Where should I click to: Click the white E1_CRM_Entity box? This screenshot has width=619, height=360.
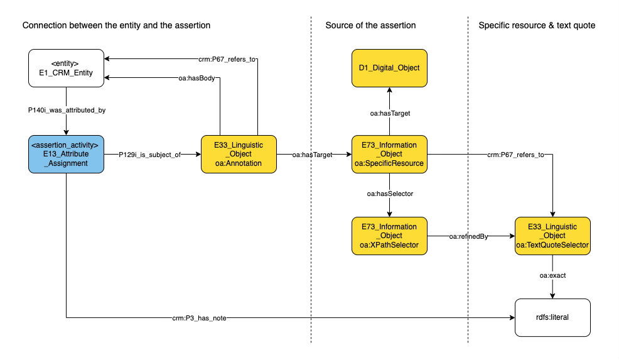point(66,68)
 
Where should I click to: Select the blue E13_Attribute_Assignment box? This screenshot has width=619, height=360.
point(66,154)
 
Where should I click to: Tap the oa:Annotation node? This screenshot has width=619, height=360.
point(239,154)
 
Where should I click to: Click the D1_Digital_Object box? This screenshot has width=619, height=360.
point(389,68)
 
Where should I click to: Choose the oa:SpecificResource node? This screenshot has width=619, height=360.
point(389,154)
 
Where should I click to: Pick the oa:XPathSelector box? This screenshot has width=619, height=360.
point(389,236)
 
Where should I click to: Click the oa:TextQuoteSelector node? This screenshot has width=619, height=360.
point(552,236)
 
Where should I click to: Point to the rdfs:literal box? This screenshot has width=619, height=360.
point(552,318)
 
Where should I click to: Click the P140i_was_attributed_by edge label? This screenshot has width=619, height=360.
point(65,111)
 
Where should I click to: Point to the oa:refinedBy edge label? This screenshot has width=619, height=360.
point(468,236)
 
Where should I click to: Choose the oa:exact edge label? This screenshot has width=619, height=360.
point(552,275)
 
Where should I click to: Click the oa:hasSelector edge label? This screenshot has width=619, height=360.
point(389,194)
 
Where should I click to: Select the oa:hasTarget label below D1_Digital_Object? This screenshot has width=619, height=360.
point(389,113)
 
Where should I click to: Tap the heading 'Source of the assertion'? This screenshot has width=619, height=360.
point(370,25)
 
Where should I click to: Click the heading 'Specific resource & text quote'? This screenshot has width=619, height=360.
point(537,25)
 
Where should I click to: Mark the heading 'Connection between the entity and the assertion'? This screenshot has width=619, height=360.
point(116,25)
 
